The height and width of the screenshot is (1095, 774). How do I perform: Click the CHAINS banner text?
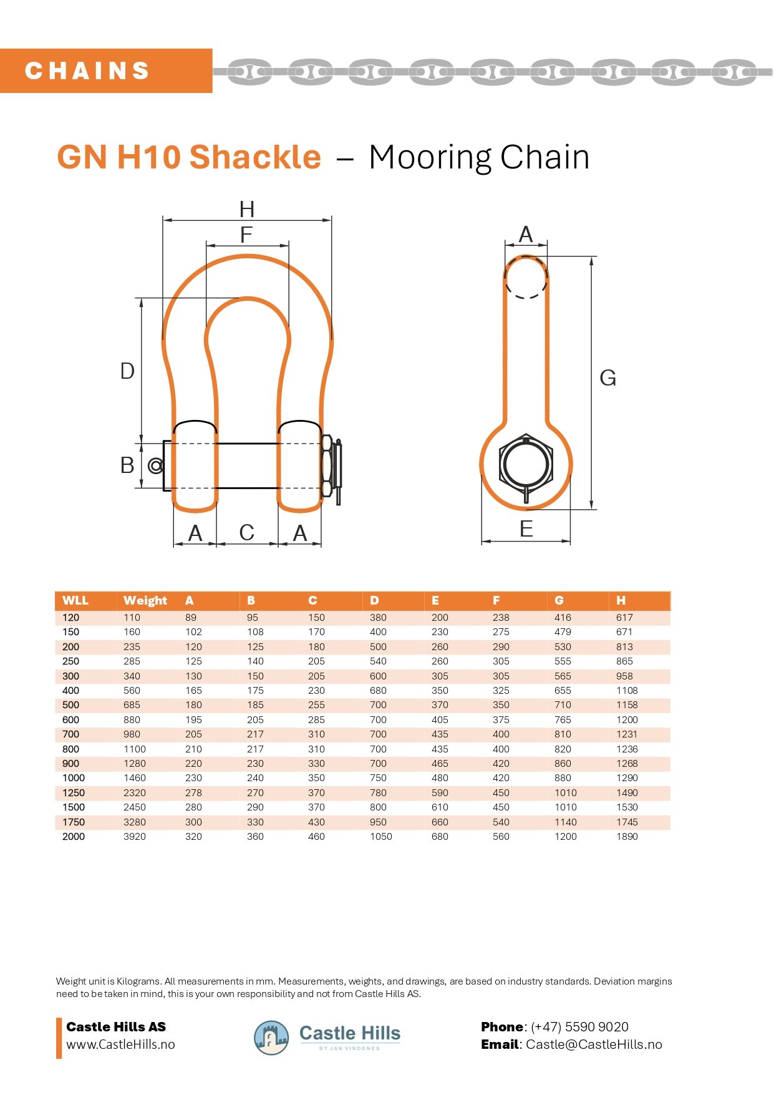pyautogui.click(x=87, y=71)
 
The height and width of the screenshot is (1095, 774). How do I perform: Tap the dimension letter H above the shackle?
pyautogui.click(x=247, y=209)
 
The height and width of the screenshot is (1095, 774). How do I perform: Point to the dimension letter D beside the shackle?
pyautogui.click(x=127, y=371)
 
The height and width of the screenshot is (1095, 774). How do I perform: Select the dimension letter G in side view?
pyautogui.click(x=607, y=378)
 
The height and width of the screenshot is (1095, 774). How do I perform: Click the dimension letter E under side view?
pyautogui.click(x=526, y=529)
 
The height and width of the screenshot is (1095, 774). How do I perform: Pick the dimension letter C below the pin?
pyautogui.click(x=247, y=533)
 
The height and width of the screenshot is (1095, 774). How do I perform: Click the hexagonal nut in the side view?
pyautogui.click(x=526, y=464)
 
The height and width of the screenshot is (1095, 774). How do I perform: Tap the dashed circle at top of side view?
pyautogui.click(x=526, y=276)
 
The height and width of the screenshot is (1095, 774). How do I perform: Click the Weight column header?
pyautogui.click(x=145, y=600)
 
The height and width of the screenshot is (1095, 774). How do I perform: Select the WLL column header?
pyautogui.click(x=75, y=600)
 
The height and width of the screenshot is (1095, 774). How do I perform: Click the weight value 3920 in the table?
pyautogui.click(x=135, y=837)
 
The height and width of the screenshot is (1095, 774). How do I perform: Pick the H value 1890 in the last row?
pyautogui.click(x=627, y=837)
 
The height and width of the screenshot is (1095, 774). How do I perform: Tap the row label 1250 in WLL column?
pyautogui.click(x=74, y=793)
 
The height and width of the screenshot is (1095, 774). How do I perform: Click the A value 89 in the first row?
pyautogui.click(x=191, y=618)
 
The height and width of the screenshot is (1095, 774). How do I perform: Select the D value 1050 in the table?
pyautogui.click(x=380, y=837)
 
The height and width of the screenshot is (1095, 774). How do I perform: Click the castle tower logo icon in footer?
pyautogui.click(x=271, y=1038)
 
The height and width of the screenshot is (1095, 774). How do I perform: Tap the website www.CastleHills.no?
pyautogui.click(x=120, y=1044)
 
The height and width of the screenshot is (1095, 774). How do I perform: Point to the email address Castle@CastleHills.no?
pyautogui.click(x=594, y=1044)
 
